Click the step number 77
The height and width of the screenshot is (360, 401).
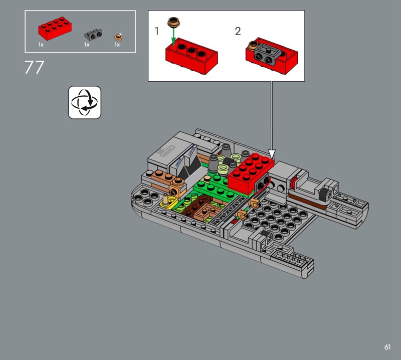click(x=34, y=67)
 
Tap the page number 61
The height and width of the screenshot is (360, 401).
click(x=387, y=347)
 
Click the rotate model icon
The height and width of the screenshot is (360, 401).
click(x=85, y=102)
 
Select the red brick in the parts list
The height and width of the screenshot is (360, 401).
click(x=55, y=28)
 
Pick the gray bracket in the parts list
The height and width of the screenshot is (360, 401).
click(x=93, y=35)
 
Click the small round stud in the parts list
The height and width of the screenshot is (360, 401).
click(x=118, y=37)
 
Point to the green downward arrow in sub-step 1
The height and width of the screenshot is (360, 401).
click(x=173, y=37)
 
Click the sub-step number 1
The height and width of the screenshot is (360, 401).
click(x=157, y=31)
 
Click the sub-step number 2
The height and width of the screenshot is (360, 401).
click(x=238, y=31)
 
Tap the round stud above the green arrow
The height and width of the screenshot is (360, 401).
click(x=173, y=22)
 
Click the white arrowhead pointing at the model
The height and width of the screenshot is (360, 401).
click(x=272, y=154)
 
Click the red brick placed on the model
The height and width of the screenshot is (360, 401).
click(x=250, y=173)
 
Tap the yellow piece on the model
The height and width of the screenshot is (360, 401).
click(x=169, y=202)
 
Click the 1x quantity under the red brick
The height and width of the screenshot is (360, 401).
click(x=41, y=45)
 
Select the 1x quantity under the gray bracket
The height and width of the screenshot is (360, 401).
click(x=87, y=45)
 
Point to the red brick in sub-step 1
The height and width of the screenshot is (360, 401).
click(x=191, y=56)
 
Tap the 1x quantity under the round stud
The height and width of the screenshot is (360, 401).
click(x=117, y=45)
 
